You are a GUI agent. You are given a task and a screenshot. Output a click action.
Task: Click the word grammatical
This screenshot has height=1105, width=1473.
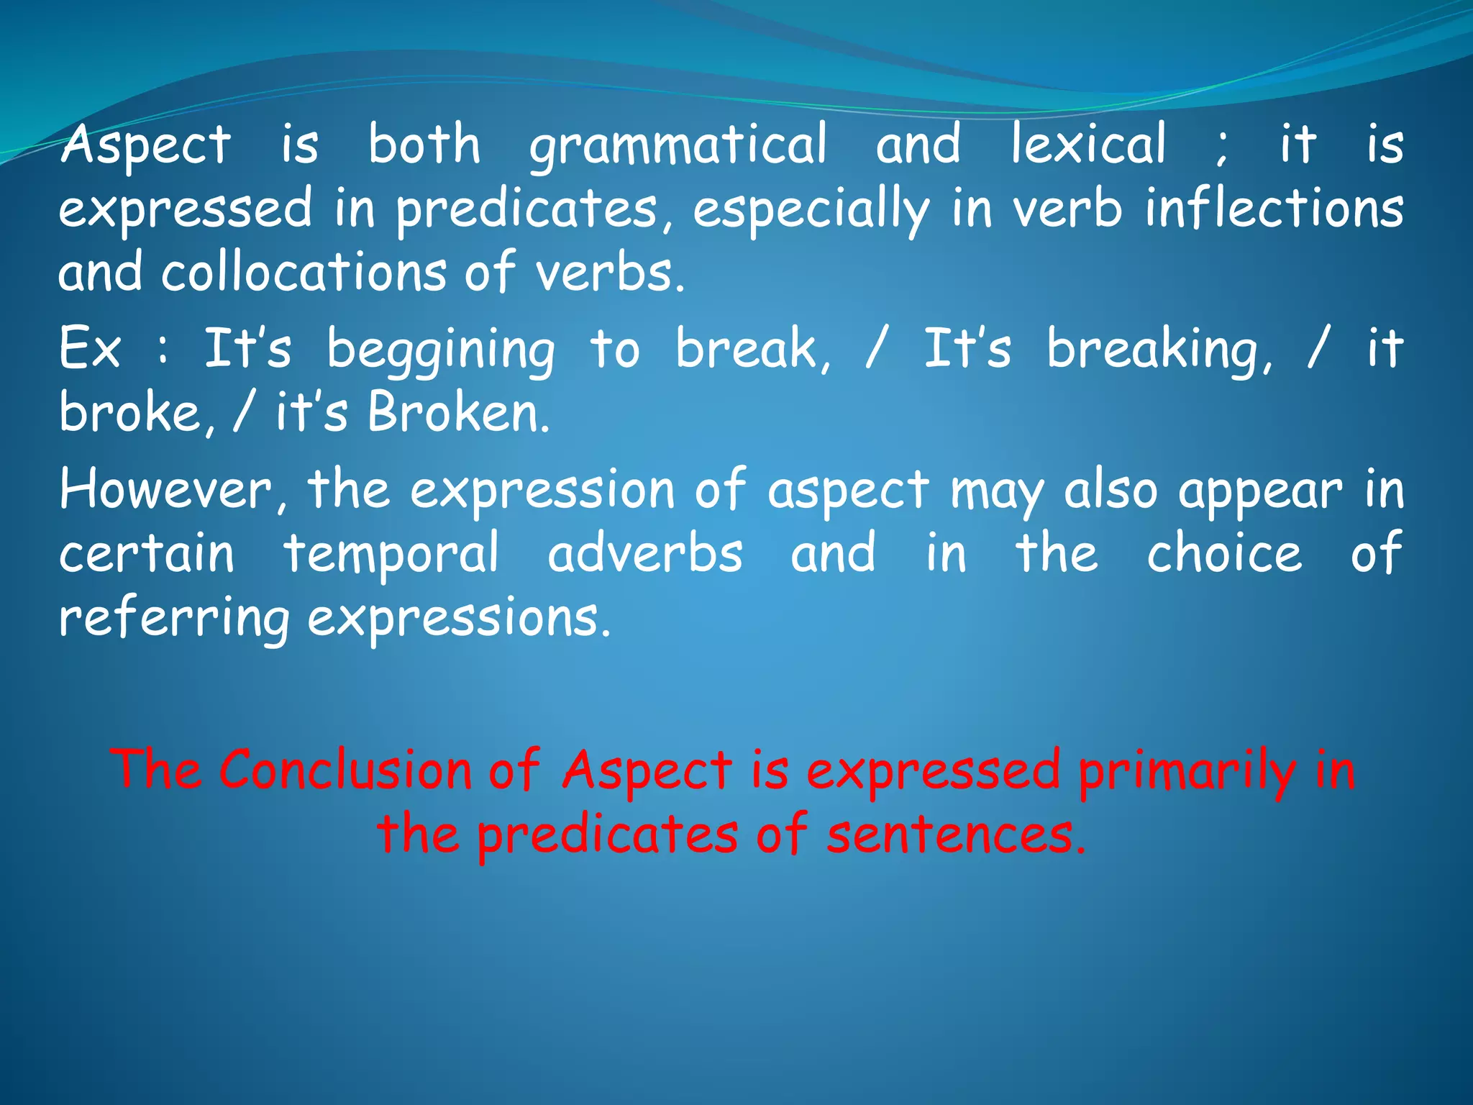click(x=678, y=145)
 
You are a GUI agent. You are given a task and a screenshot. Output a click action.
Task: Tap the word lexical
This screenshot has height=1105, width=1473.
click(x=1087, y=144)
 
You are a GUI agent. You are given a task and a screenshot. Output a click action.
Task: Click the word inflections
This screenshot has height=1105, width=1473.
click(x=1273, y=209)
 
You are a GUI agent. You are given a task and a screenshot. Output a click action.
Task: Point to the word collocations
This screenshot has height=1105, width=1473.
click(x=303, y=273)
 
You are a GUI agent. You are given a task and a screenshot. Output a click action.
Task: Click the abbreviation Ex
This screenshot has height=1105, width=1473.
click(x=89, y=348)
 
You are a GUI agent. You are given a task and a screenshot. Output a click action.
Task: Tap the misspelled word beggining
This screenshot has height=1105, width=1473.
click(x=441, y=350)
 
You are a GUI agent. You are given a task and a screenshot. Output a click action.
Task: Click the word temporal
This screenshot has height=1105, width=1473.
click(x=391, y=555)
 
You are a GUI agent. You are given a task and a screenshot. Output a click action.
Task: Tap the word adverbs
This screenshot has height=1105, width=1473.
click(x=644, y=554)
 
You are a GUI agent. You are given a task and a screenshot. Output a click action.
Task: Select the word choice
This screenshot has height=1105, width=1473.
click(x=1223, y=554)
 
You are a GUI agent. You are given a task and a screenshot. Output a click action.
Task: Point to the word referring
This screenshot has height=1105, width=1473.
click(x=173, y=619)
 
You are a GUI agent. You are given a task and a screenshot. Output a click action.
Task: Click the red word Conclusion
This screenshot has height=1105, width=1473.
click(x=345, y=770)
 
